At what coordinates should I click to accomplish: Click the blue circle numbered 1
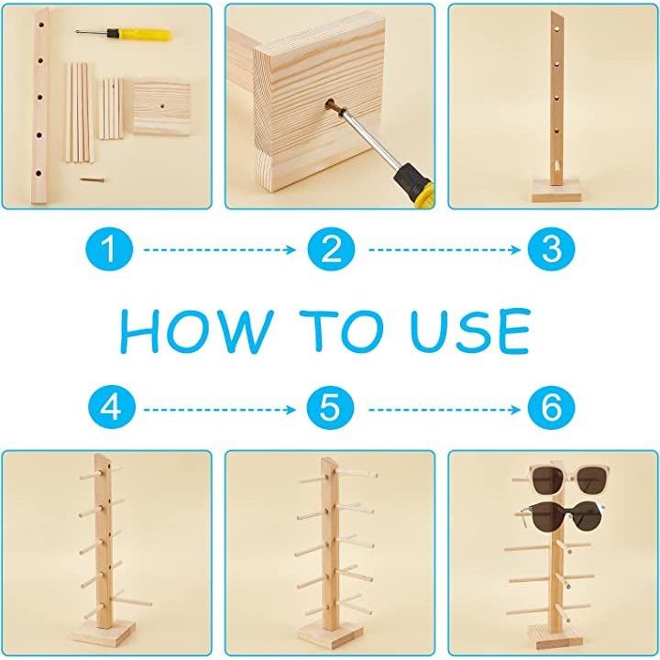point(109,249)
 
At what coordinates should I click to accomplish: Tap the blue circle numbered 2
point(331,249)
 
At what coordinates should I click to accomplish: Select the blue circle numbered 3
point(551,249)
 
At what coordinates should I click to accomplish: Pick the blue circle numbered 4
point(112,407)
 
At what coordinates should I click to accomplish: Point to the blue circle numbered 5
point(330,407)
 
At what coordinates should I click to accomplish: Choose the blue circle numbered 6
point(551,407)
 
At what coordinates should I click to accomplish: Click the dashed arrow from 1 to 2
point(219,249)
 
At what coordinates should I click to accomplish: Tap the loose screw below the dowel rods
point(93,180)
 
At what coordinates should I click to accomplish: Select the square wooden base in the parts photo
point(162,108)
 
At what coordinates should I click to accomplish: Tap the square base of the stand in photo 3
point(554,190)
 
